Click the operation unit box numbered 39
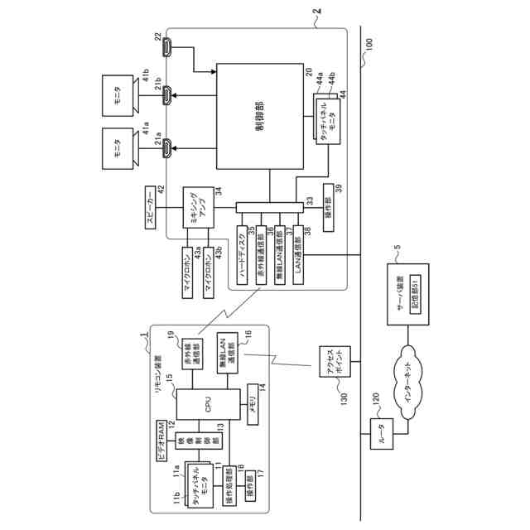[x=328, y=204]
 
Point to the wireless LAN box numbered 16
[x=225, y=354]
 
